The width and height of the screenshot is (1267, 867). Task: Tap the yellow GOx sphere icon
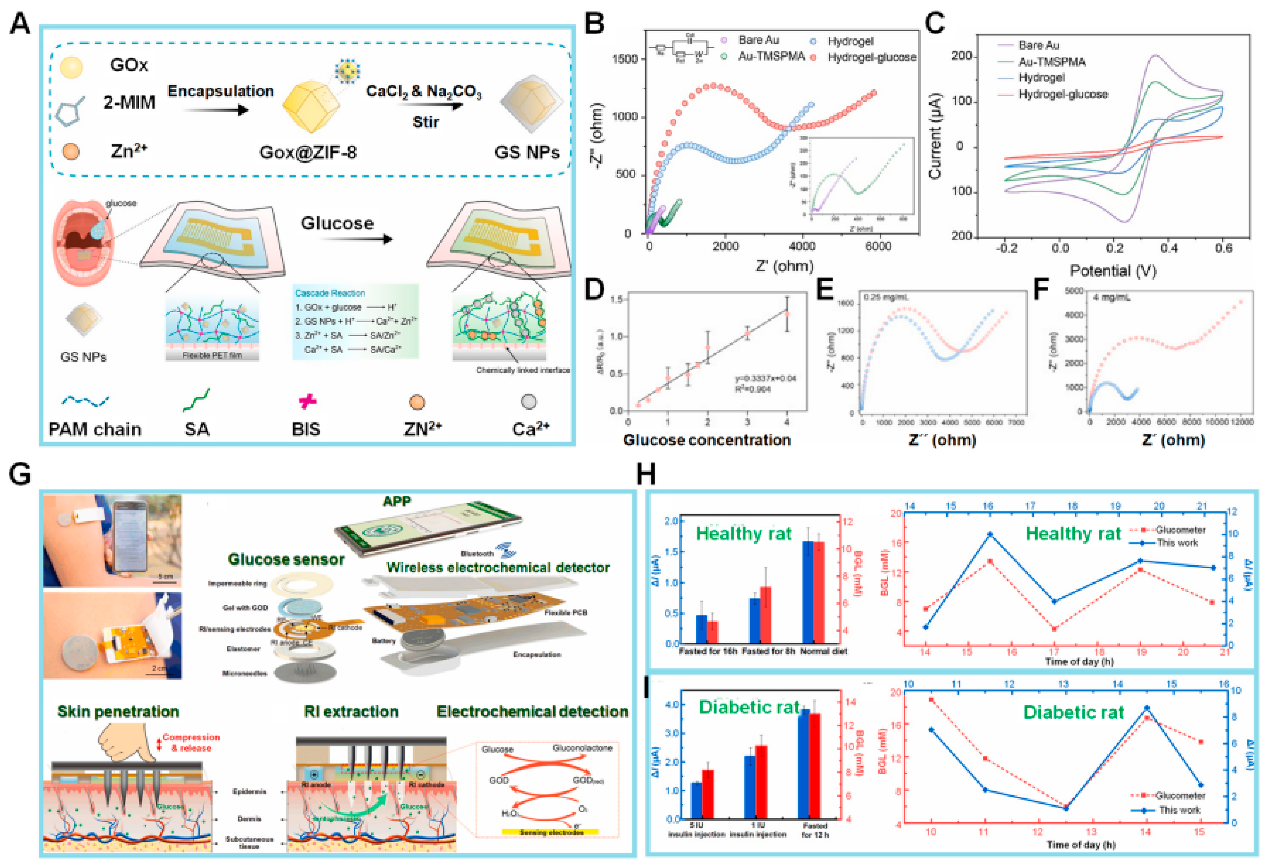(x=71, y=67)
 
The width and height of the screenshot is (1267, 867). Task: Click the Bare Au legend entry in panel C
(x=1039, y=45)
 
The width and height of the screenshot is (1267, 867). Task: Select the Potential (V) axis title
(x=1113, y=271)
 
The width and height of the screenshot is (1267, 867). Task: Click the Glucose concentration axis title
(x=707, y=440)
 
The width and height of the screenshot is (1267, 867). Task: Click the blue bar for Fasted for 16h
(x=702, y=629)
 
